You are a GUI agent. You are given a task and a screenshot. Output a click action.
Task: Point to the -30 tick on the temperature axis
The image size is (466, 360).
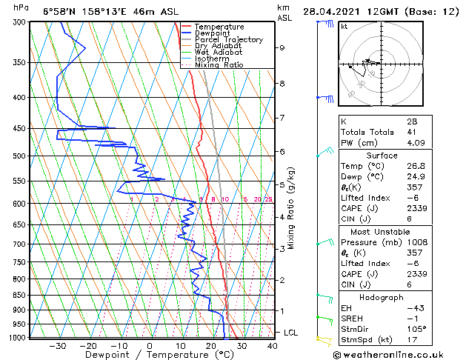[57, 345]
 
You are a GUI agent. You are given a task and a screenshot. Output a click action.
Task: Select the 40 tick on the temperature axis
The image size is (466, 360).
[272, 345]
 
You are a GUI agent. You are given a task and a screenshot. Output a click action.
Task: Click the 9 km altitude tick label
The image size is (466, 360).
[282, 47]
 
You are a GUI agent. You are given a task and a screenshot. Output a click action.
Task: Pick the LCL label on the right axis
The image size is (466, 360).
[291, 333]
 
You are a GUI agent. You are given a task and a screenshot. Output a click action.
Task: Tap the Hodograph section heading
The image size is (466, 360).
[382, 297]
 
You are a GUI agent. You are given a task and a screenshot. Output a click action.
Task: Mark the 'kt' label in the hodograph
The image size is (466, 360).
[344, 26]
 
